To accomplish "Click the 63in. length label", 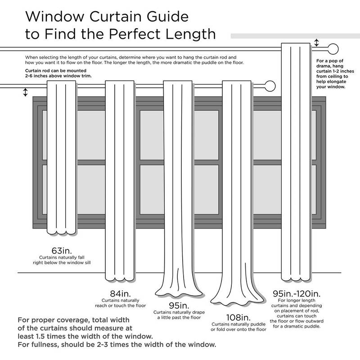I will [x=62, y=250].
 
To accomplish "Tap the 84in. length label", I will [x=120, y=293].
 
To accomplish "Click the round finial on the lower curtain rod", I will [x=270, y=85].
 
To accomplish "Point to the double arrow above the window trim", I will [x=25, y=92].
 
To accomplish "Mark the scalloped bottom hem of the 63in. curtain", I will [x=61, y=232].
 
